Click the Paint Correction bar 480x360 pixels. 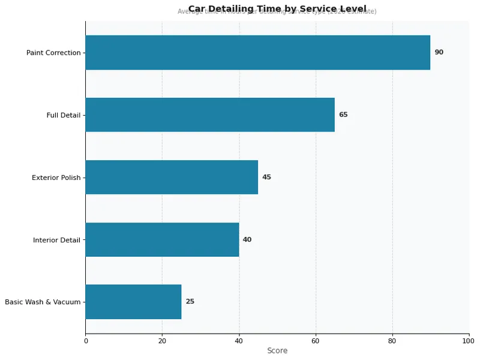(x=257, y=52)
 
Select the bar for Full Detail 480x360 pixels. (x=210, y=115)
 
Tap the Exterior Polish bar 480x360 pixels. (x=172, y=177)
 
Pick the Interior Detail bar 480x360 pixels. (x=162, y=239)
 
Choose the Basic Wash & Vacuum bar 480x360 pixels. (x=133, y=302)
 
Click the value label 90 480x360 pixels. (x=439, y=52)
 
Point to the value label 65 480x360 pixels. (x=343, y=115)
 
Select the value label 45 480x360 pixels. (x=266, y=177)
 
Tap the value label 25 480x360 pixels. (x=190, y=302)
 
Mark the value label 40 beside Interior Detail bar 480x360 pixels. (x=247, y=239)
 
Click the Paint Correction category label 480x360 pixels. (x=53, y=53)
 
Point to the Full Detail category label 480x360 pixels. (x=63, y=115)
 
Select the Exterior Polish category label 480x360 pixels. (x=56, y=178)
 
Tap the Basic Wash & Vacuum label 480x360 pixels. (x=43, y=302)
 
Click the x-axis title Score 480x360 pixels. (x=277, y=350)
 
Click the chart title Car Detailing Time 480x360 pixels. (x=277, y=9)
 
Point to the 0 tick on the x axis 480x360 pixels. (x=85, y=341)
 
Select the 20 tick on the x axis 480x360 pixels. (x=162, y=341)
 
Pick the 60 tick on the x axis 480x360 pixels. (x=316, y=341)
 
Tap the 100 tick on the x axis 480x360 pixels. (x=469, y=341)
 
